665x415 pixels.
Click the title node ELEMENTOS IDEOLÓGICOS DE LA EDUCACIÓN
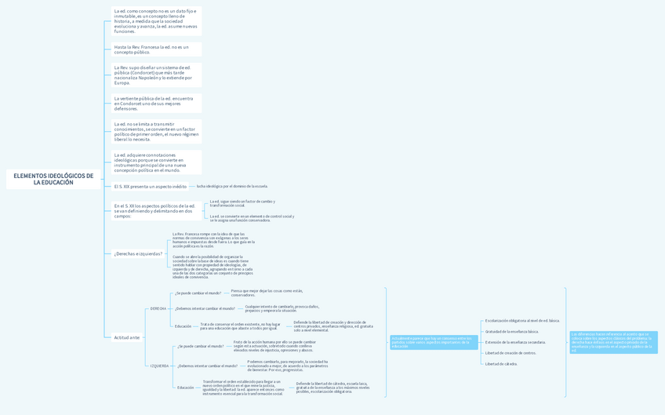click(x=53, y=179)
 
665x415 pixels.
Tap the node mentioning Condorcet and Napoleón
click(x=155, y=75)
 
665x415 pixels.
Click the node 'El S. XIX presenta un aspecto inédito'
click(x=151, y=187)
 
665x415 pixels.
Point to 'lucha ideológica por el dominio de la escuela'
click(x=232, y=187)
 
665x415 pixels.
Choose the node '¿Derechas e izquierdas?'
click(x=138, y=254)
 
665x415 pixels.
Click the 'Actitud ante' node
click(x=127, y=337)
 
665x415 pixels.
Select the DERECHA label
click(x=158, y=308)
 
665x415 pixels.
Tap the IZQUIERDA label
click(x=159, y=366)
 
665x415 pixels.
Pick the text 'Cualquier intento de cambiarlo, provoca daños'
click(x=282, y=308)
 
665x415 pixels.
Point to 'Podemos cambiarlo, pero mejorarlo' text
click(x=288, y=366)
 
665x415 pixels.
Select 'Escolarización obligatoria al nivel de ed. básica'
click(x=522, y=321)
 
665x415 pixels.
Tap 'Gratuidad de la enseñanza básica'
click(x=512, y=332)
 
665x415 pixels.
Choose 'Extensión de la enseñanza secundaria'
click(x=515, y=342)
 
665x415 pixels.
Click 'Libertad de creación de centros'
click(x=511, y=353)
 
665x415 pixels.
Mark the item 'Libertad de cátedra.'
click(x=501, y=364)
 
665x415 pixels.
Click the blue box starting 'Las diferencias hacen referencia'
click(x=613, y=342)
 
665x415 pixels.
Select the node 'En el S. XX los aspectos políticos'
click(x=154, y=211)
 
